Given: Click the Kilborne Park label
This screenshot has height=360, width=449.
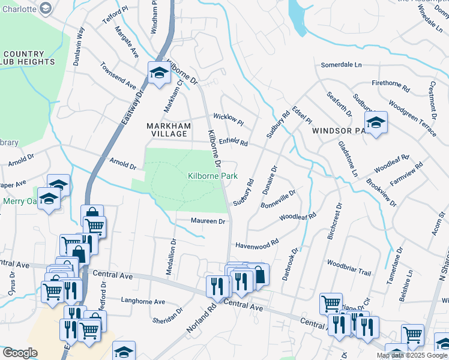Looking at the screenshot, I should (x=212, y=176).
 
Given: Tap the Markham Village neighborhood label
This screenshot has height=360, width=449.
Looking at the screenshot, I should (x=169, y=130).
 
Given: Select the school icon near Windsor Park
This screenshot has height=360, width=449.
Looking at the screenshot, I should (x=375, y=123).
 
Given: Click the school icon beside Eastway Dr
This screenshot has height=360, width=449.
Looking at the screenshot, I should (x=158, y=73).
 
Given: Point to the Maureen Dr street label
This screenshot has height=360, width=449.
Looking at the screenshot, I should (x=208, y=221).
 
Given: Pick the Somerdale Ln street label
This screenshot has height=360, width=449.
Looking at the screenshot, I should (x=342, y=65).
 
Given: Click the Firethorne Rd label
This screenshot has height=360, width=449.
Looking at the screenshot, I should (x=390, y=85).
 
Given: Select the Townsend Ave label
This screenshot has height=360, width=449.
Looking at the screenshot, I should (x=118, y=75).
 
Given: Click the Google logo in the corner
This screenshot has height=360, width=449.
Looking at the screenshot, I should (x=20, y=352).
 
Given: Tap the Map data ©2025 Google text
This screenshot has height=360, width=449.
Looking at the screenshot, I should (x=412, y=355).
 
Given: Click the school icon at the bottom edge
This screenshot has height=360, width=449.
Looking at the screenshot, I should (x=124, y=351).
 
